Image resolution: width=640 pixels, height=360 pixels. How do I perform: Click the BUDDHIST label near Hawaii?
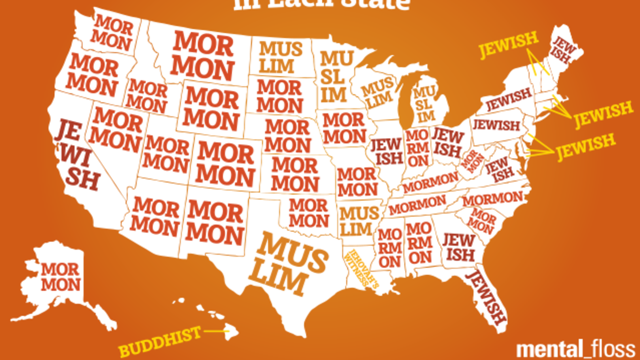click(160, 342)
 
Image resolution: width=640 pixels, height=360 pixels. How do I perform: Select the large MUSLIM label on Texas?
click(288, 264)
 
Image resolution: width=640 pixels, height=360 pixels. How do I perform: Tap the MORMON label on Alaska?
click(61, 277)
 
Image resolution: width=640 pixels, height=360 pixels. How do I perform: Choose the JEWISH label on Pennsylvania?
click(496, 125)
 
